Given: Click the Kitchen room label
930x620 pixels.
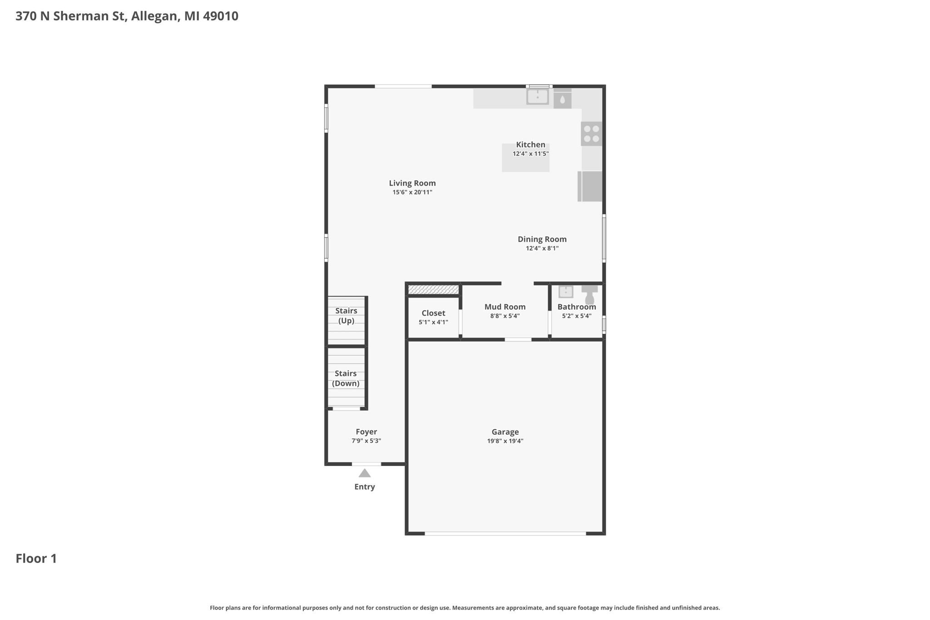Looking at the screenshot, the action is [x=530, y=144].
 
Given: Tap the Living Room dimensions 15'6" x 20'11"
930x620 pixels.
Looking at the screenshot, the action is [x=412, y=192].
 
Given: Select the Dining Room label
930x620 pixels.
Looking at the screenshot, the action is [x=542, y=239].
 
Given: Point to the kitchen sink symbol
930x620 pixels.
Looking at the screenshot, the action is [x=538, y=96].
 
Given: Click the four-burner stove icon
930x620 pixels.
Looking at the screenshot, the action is [x=591, y=134].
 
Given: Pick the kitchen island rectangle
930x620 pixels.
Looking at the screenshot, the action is [x=525, y=158].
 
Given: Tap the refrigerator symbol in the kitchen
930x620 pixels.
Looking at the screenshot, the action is [x=590, y=186].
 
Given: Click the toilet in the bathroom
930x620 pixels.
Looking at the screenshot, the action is [x=589, y=294].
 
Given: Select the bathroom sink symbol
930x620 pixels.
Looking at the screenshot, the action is [x=566, y=291].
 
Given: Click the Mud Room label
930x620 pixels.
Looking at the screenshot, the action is [x=505, y=307].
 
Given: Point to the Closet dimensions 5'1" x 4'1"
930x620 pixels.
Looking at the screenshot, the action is [x=433, y=322].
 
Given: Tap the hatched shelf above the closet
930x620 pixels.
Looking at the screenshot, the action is [x=433, y=289].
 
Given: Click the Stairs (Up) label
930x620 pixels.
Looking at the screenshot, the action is [x=346, y=316].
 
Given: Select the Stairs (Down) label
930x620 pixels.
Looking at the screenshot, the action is [x=346, y=378].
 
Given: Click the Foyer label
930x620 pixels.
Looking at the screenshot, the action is [x=366, y=432].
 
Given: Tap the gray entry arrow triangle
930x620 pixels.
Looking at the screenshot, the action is [x=365, y=473].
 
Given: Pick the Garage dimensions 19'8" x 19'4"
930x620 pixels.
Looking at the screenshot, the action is [x=505, y=441].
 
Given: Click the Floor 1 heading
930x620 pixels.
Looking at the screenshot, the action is [x=36, y=558].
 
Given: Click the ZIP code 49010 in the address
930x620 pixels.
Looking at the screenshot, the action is [x=221, y=16].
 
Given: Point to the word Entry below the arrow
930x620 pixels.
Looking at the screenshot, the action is [x=365, y=487].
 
